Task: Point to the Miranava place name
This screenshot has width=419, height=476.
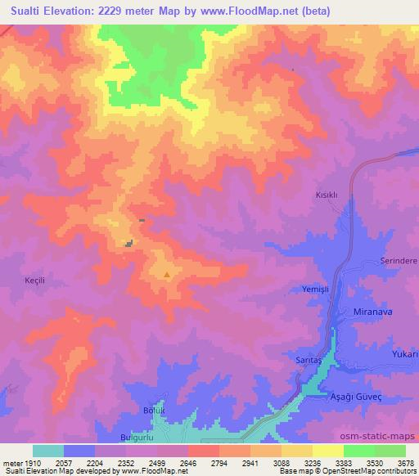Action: click(372, 312)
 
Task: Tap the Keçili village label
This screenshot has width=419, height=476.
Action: click(35, 280)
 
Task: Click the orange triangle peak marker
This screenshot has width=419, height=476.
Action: click(167, 275)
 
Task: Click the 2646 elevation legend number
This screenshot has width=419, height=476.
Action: click(188, 462)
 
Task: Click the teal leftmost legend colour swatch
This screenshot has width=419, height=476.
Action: click(48, 450)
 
